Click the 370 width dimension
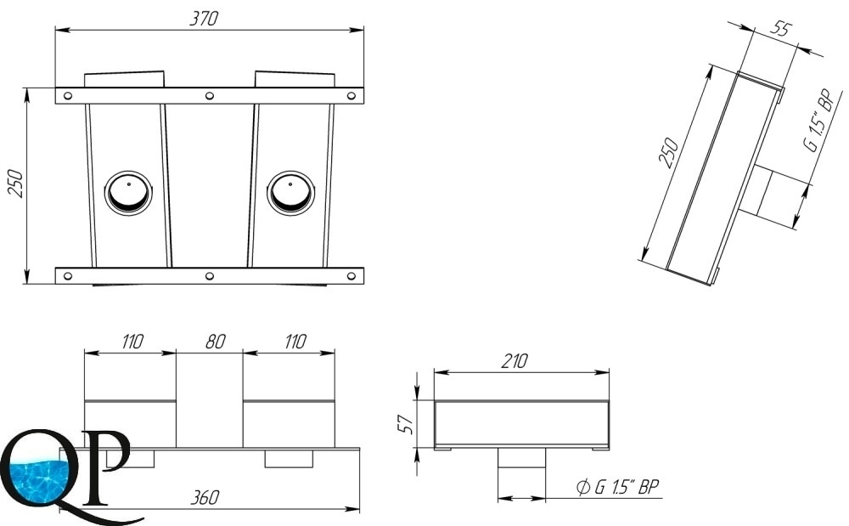204,19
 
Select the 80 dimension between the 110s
215,342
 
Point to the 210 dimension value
514,361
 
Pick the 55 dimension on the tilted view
780,28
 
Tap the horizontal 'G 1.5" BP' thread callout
618,487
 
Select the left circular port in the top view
128,193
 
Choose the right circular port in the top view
290,193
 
